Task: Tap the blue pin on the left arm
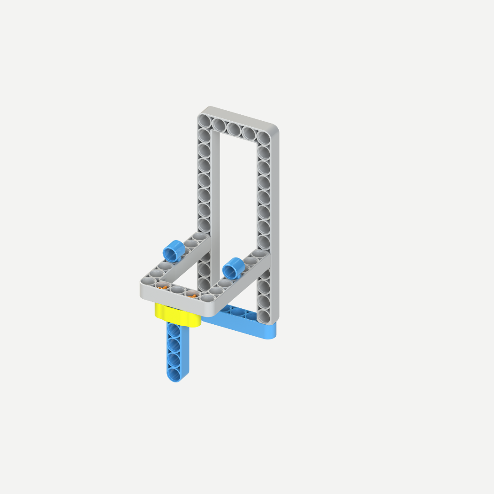(x=174, y=251)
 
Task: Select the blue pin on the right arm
(x=233, y=268)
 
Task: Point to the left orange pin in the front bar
(x=161, y=286)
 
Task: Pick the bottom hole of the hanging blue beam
(x=174, y=374)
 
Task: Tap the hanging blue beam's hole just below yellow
(x=174, y=329)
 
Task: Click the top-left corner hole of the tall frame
(x=204, y=121)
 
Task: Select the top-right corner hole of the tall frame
(x=263, y=137)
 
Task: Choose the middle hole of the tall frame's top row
(x=234, y=129)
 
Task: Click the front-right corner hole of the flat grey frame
(x=208, y=298)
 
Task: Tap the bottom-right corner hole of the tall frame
(x=263, y=316)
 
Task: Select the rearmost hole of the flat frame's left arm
(x=199, y=236)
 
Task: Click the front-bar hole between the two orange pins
(x=177, y=290)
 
